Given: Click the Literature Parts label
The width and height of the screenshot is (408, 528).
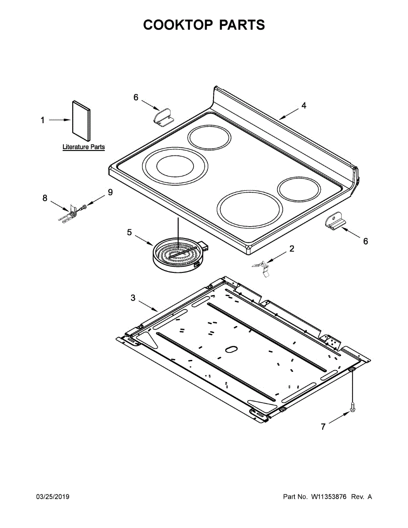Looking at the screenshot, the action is pyautogui.click(x=84, y=147).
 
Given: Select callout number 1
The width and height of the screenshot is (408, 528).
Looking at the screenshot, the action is pyautogui.click(x=43, y=120).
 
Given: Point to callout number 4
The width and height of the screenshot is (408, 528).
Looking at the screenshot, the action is pyautogui.click(x=304, y=106).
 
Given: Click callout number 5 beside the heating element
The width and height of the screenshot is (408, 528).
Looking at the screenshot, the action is pyautogui.click(x=129, y=232).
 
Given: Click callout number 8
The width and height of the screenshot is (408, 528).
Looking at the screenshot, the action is pyautogui.click(x=45, y=198).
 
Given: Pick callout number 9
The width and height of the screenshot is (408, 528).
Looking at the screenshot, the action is pyautogui.click(x=110, y=192).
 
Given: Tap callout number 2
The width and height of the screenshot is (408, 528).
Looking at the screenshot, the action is pyautogui.click(x=292, y=249).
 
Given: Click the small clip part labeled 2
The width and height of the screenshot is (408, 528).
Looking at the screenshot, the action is pyautogui.click(x=263, y=267).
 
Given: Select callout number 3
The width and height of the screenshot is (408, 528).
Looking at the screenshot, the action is pyautogui.click(x=133, y=298).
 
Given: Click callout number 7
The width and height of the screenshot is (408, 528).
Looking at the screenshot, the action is pyautogui.click(x=323, y=426).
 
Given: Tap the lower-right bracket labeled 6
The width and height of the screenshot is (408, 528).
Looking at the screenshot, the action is pyautogui.click(x=335, y=221).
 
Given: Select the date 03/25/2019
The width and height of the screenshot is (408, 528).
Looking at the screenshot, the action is pyautogui.click(x=52, y=497).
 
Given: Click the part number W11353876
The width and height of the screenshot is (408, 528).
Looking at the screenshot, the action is pyautogui.click(x=329, y=497).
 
